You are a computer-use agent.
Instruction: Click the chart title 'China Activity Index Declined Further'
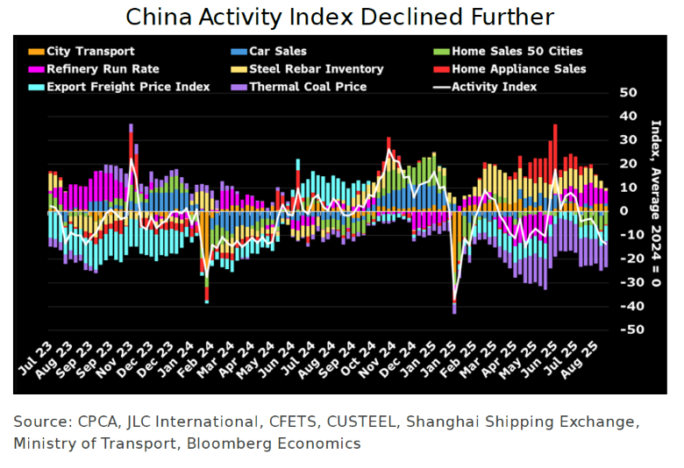coord(339,17)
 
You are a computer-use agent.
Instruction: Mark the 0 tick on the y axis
coord(623,211)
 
